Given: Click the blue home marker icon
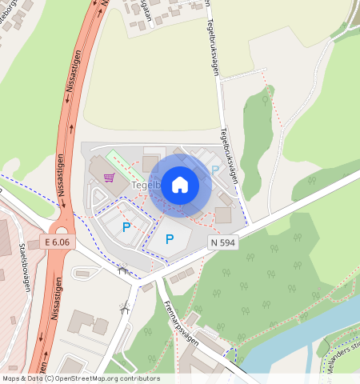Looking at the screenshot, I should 180,185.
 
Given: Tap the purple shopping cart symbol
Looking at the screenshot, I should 109,178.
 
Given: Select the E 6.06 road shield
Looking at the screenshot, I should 58,242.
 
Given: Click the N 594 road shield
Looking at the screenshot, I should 224,242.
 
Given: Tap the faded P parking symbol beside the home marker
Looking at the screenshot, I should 214,170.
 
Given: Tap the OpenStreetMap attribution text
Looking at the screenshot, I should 80,378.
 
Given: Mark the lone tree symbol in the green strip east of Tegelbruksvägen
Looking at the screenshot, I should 265,101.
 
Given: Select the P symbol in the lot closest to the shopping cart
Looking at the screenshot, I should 126,228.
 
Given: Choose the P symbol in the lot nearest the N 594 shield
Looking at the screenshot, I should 170,239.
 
